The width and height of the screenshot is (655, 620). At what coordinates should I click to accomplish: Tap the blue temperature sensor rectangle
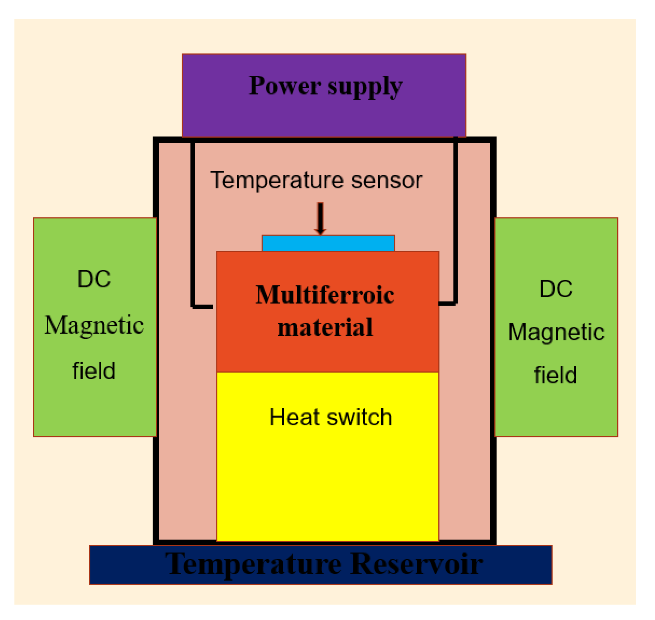(x=328, y=243)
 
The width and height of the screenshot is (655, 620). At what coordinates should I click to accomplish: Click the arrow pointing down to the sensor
(x=320, y=218)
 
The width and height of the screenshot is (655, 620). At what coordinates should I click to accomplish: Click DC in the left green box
(x=94, y=279)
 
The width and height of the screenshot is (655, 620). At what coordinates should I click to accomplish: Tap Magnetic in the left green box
(x=94, y=325)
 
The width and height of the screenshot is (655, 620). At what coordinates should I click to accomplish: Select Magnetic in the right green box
(x=556, y=332)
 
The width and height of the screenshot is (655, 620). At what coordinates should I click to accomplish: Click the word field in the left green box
(x=94, y=371)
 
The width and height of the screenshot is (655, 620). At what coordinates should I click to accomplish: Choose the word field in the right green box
(x=555, y=375)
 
